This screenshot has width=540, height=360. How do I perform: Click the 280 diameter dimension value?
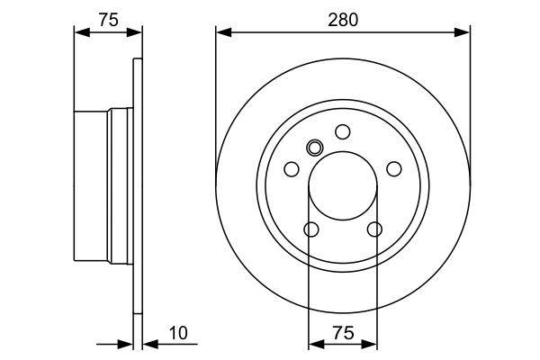[343, 20]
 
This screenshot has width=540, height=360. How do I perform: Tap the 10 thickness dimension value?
[178, 333]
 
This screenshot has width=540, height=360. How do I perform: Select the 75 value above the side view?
[109, 20]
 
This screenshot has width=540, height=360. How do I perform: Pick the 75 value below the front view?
[344, 333]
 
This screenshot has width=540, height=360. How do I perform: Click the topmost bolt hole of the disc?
[343, 132]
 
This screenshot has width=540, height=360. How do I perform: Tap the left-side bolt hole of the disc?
[292, 169]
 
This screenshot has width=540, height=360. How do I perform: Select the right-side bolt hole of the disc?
[394, 169]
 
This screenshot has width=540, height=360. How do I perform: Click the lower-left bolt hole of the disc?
[311, 229]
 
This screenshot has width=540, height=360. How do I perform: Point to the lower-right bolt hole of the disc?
[374, 229]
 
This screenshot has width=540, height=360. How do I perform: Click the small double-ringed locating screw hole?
[314, 148]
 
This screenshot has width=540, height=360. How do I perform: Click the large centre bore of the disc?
[343, 185]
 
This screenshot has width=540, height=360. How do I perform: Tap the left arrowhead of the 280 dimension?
[223, 32]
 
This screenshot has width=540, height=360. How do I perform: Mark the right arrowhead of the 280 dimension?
[463, 32]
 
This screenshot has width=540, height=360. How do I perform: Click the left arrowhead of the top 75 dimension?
[82, 32]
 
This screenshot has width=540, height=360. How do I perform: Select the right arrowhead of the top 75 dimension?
[134, 32]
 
